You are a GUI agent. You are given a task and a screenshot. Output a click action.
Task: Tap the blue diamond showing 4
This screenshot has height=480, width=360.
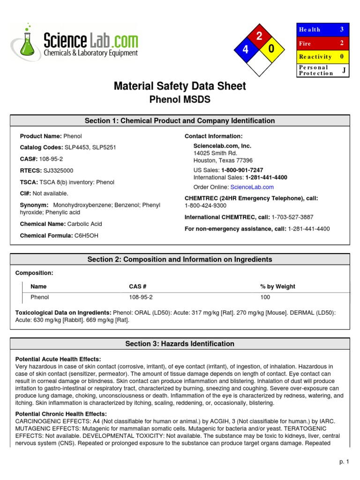(x=245, y=50)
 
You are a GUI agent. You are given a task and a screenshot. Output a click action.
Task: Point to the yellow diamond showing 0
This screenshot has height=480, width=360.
(x=271, y=49)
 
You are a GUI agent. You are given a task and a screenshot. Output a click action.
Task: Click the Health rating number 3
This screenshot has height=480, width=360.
(x=342, y=30)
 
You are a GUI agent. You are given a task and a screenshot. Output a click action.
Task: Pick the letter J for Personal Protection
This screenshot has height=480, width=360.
(x=344, y=70)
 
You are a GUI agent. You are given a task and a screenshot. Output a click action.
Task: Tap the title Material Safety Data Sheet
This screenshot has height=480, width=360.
(x=180, y=86)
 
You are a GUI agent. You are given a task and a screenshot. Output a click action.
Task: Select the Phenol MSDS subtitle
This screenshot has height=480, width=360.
(x=180, y=100)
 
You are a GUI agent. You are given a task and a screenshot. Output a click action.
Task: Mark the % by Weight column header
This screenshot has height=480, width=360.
(x=277, y=286)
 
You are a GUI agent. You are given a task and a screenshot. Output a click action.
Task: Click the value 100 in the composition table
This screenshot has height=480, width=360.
(x=265, y=297)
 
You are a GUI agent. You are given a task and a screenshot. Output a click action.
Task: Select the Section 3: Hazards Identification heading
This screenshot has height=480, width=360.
(x=180, y=344)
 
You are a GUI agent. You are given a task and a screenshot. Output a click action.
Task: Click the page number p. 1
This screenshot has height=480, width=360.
(x=345, y=462)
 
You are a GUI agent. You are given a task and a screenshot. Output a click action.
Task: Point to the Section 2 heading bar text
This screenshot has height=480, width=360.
(x=180, y=260)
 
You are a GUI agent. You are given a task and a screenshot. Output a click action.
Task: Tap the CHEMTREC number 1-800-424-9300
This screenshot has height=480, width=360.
(x=205, y=205)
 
